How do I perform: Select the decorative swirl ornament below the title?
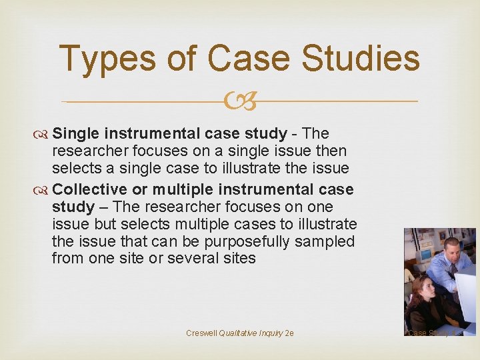(x=239, y=102)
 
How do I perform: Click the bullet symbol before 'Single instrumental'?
(x=44, y=134)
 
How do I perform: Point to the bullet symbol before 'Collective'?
(x=44, y=189)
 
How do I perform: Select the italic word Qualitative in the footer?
(x=241, y=333)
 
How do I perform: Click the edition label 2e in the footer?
(x=289, y=333)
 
